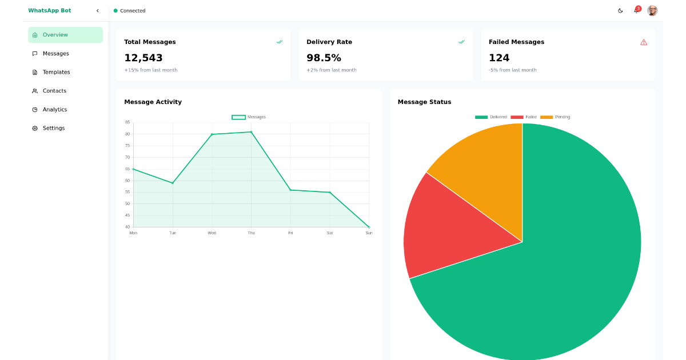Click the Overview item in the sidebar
[65, 35]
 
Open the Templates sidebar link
[56, 72]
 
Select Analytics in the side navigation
[54, 110]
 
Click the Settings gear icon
[35, 129]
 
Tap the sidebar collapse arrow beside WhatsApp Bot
[98, 10]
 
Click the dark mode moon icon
[620, 11]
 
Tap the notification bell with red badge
[636, 10]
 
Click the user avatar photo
[652, 11]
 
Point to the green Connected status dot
[115, 11]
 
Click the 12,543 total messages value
[143, 58]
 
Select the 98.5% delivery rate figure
[324, 58]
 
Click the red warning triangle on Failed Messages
[644, 42]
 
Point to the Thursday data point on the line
[251, 132]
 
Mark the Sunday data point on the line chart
[369, 227]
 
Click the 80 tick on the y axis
[127, 134]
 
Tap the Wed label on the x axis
[212, 233]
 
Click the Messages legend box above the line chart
[238, 117]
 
